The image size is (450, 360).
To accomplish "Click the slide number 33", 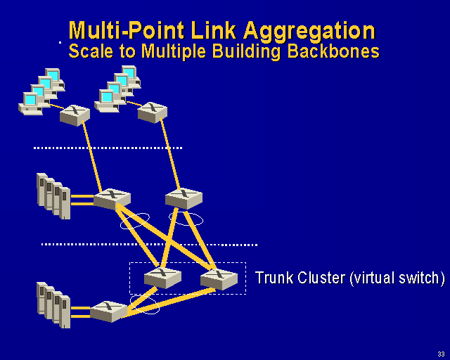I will click(x=440, y=353).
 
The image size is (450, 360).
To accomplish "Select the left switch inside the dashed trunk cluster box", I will click(x=162, y=277).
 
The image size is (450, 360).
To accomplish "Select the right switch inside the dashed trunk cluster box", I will click(x=218, y=278).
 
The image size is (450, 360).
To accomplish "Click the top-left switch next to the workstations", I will click(x=75, y=115).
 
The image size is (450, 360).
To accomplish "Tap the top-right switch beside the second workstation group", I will click(x=152, y=112).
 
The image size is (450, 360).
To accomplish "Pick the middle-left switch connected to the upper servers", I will click(x=112, y=198).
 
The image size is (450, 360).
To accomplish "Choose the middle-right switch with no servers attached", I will click(x=184, y=198).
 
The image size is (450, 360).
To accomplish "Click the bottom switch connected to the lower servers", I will click(x=109, y=310).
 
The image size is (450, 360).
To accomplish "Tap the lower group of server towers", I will click(x=53, y=304).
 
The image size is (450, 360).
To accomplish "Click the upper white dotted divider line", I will click(x=108, y=148).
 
